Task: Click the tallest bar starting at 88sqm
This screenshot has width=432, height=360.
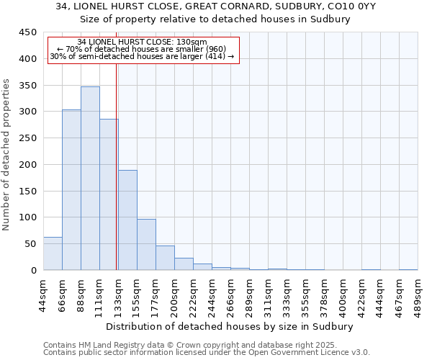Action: tap(90, 179)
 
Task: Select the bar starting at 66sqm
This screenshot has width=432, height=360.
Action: tap(71, 190)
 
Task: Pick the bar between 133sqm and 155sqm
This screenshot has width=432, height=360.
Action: tap(127, 220)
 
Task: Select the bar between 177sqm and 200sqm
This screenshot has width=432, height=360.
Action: tap(165, 258)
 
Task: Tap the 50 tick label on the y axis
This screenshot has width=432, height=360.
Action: tap(30, 244)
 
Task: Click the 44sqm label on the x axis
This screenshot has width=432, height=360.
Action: tap(43, 294)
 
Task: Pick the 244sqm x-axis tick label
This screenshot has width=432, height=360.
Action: tap(212, 294)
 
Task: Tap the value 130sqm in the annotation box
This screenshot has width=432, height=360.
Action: tap(192, 42)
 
